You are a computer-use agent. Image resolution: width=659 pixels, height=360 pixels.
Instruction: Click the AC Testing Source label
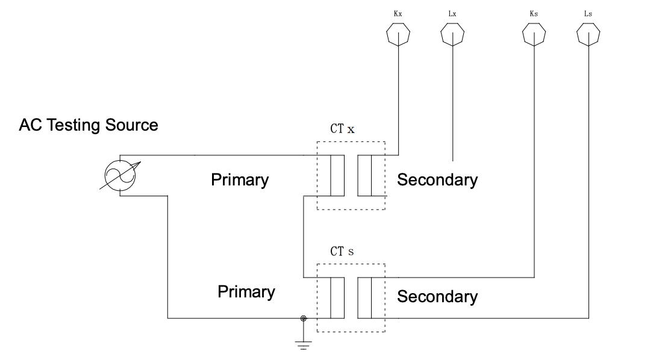[x=89, y=125]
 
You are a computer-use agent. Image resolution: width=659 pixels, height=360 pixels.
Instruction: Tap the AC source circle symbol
[x=120, y=176]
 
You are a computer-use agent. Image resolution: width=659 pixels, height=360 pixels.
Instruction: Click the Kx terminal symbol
[x=398, y=35]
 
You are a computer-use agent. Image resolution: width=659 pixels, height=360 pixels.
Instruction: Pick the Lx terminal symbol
[x=452, y=35]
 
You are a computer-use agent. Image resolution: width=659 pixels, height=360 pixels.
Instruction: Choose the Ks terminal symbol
[x=534, y=35]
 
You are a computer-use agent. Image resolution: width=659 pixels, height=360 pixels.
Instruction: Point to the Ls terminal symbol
[x=589, y=35]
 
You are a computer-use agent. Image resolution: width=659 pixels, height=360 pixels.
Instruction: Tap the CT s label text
[x=342, y=251]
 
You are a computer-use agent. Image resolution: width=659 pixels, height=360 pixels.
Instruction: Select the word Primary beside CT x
[x=240, y=179]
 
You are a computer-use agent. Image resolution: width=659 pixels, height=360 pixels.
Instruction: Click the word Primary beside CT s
[x=246, y=292]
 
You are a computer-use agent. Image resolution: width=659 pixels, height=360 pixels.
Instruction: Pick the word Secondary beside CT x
[x=437, y=179]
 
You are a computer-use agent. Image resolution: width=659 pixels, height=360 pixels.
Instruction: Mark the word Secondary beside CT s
[x=437, y=296]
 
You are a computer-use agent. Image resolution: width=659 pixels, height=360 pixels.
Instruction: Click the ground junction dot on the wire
[x=303, y=318]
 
